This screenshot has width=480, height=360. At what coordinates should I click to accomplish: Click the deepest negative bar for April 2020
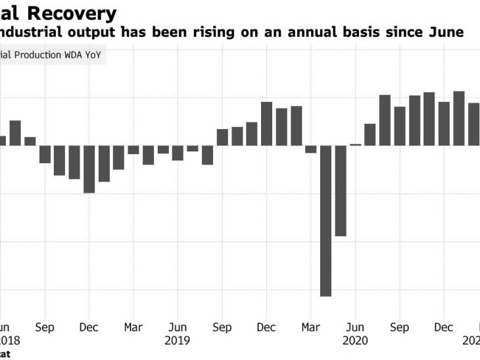click(x=325, y=220)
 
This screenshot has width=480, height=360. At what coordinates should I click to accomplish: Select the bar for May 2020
click(x=341, y=191)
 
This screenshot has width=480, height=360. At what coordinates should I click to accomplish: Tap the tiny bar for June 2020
click(x=356, y=144)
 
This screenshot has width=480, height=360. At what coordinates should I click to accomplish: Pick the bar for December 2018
click(x=89, y=169)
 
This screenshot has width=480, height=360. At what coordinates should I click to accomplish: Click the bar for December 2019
click(x=266, y=124)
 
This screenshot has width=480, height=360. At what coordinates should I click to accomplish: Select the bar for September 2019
click(x=222, y=137)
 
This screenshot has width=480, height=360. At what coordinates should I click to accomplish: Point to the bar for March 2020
click(x=311, y=149)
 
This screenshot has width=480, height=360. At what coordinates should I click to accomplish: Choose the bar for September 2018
click(x=45, y=154)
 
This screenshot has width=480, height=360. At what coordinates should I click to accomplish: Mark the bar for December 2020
click(x=444, y=124)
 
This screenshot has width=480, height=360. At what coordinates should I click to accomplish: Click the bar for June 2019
click(x=178, y=153)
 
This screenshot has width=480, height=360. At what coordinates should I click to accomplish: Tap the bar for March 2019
click(x=133, y=149)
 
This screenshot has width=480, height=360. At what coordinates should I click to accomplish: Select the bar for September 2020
click(x=400, y=126)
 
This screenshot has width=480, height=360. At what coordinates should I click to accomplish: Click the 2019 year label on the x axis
click(x=178, y=340)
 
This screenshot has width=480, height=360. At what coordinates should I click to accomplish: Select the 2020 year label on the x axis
click(x=355, y=340)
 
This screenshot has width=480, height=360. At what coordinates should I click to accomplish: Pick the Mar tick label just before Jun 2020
click(x=311, y=327)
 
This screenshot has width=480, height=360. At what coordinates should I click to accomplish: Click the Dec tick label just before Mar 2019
click(x=89, y=327)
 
